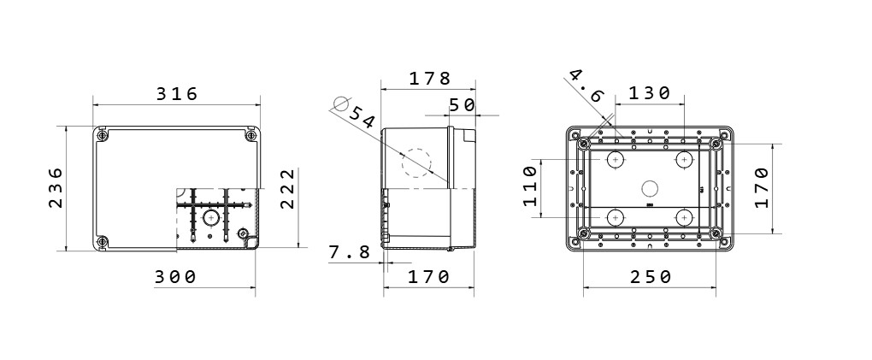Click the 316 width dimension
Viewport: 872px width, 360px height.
[x=177, y=94]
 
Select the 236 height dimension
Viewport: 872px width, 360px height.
[x=56, y=187]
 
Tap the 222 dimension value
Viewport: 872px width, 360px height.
[x=286, y=189]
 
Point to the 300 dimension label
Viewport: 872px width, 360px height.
[x=175, y=276]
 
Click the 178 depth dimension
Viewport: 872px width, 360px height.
[x=430, y=79]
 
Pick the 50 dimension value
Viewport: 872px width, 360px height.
[x=463, y=105]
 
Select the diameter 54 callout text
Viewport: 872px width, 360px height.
[x=362, y=117]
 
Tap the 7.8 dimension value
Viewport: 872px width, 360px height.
[x=350, y=252]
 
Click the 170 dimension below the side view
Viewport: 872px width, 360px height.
[x=429, y=276]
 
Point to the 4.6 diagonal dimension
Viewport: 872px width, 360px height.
[x=586, y=86]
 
